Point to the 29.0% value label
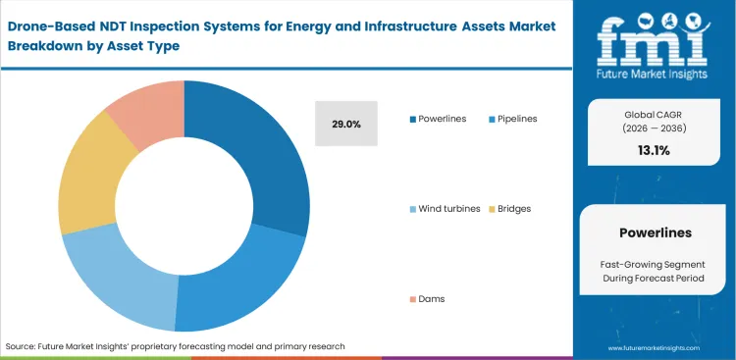click(346, 125)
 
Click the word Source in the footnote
click(22, 346)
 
